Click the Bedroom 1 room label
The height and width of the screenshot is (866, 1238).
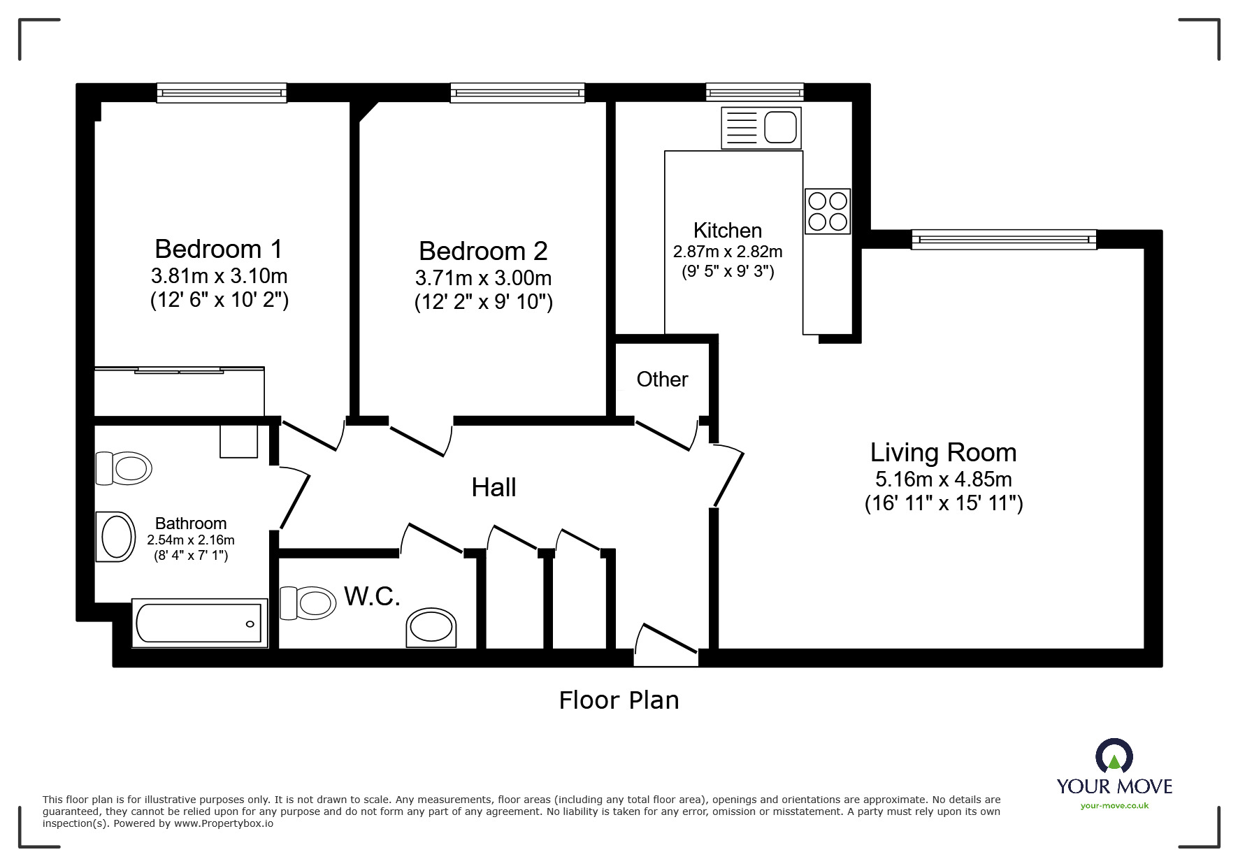click(219, 249)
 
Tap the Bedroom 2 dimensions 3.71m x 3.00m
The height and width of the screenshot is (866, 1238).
click(483, 278)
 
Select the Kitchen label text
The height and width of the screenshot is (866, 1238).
click(728, 230)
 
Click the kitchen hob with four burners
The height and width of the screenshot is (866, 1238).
click(828, 211)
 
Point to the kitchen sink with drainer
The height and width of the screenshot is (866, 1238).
click(761, 128)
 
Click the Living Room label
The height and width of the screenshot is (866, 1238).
click(943, 453)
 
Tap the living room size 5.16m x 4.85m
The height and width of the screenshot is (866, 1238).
click(944, 479)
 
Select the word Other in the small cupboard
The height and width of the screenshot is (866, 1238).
click(662, 380)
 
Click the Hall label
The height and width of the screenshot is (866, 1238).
click(494, 488)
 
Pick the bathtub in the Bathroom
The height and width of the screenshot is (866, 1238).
click(200, 623)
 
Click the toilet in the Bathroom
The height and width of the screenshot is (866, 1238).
click(124, 468)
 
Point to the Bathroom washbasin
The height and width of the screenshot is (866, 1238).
click(115, 537)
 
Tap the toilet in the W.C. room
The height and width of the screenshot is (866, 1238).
click(308, 602)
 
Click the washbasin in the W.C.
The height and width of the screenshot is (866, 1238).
click(431, 627)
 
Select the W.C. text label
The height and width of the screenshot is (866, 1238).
click(372, 597)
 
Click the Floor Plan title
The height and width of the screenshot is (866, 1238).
click(619, 700)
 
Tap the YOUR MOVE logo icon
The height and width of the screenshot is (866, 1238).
click(1114, 756)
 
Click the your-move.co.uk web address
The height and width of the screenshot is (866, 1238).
click(1114, 806)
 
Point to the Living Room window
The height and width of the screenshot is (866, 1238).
click(1005, 240)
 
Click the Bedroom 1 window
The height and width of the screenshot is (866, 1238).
click(222, 93)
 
